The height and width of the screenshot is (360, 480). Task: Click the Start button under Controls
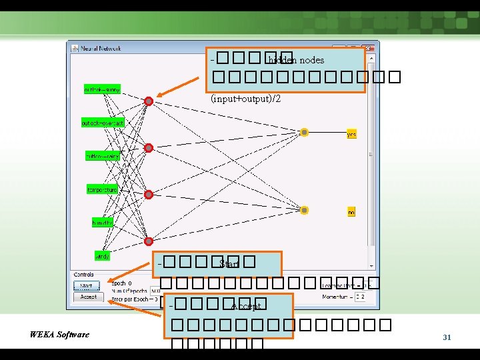pyautogui.click(x=86, y=286)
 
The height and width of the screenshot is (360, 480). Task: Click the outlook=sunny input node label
pyautogui.click(x=102, y=89)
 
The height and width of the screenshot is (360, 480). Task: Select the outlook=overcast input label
pyautogui.click(x=102, y=123)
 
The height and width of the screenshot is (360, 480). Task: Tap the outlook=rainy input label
pyautogui.click(x=102, y=156)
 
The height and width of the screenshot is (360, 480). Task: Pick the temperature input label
pyautogui.click(x=102, y=190)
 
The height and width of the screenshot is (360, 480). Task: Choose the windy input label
pyautogui.click(x=102, y=256)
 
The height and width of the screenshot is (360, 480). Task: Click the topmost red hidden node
pyautogui.click(x=149, y=101)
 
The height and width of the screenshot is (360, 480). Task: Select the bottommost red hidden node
pyautogui.click(x=149, y=241)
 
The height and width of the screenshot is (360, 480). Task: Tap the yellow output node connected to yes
pyautogui.click(x=304, y=133)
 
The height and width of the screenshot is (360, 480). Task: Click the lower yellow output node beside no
pyautogui.click(x=304, y=210)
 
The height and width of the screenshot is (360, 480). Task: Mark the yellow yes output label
pyautogui.click(x=351, y=134)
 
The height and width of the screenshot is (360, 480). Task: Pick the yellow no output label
pyautogui.click(x=351, y=212)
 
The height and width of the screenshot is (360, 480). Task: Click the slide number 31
pyautogui.click(x=447, y=338)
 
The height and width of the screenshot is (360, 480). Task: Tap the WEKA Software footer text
pyautogui.click(x=59, y=334)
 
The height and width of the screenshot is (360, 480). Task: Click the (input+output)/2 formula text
pyautogui.click(x=245, y=99)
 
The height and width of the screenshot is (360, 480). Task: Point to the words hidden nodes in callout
pyautogui.click(x=295, y=61)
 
